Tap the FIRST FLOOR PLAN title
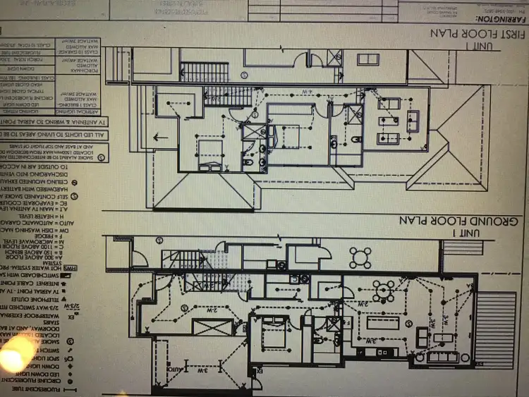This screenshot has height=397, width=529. pyautogui.click(x=480, y=34)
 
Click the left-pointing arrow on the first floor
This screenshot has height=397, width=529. pyautogui.click(x=162, y=138)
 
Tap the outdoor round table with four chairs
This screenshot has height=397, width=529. pyautogui.click(x=360, y=257)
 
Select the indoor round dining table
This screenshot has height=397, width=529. pyautogui.click(x=385, y=289)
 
